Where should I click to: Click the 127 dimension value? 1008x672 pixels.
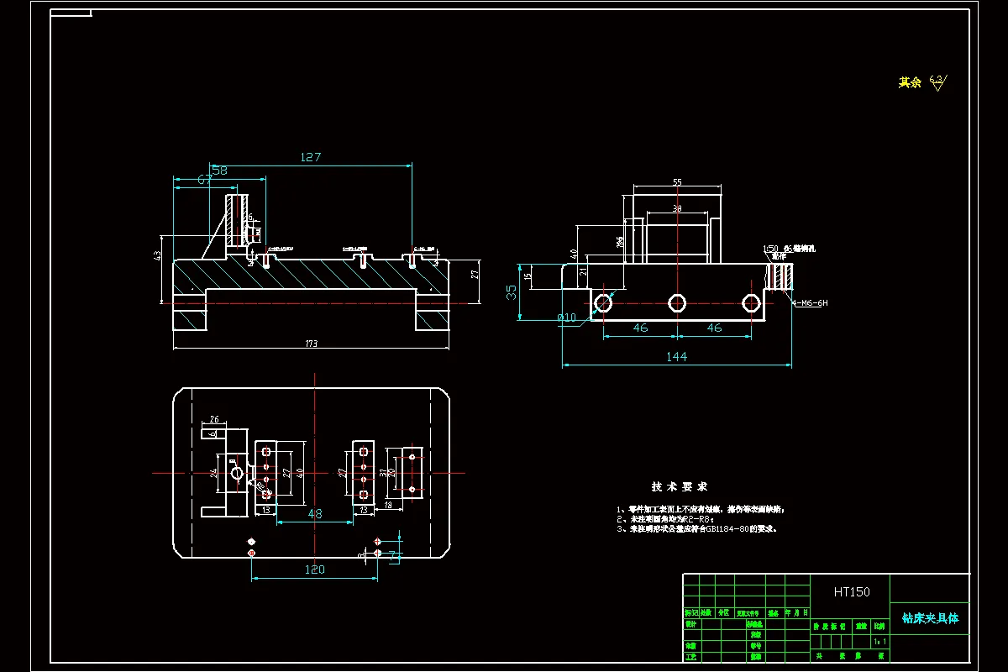(311, 157)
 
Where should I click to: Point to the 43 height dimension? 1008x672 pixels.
(157, 255)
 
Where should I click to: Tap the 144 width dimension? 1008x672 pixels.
(676, 357)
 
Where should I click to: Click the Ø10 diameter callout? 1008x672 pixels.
(568, 318)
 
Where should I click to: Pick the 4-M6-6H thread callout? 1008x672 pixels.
(810, 302)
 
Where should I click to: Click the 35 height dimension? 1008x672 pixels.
(512, 291)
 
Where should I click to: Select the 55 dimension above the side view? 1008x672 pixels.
(677, 181)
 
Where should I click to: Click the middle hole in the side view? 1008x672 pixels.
(677, 302)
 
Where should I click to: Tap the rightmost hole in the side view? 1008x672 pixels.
(750, 302)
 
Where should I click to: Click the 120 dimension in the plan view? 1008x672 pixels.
(314, 570)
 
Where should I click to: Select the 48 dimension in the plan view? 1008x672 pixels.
(315, 513)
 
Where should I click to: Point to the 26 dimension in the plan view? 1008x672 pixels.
(214, 419)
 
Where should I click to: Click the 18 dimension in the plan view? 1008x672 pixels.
(387, 505)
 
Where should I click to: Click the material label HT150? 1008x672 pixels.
(852, 592)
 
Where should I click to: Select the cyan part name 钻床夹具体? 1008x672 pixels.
(930, 618)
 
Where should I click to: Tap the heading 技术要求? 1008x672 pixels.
(680, 487)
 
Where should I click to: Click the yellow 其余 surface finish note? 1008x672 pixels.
(910, 82)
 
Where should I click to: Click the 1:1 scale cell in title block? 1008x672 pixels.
(879, 641)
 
